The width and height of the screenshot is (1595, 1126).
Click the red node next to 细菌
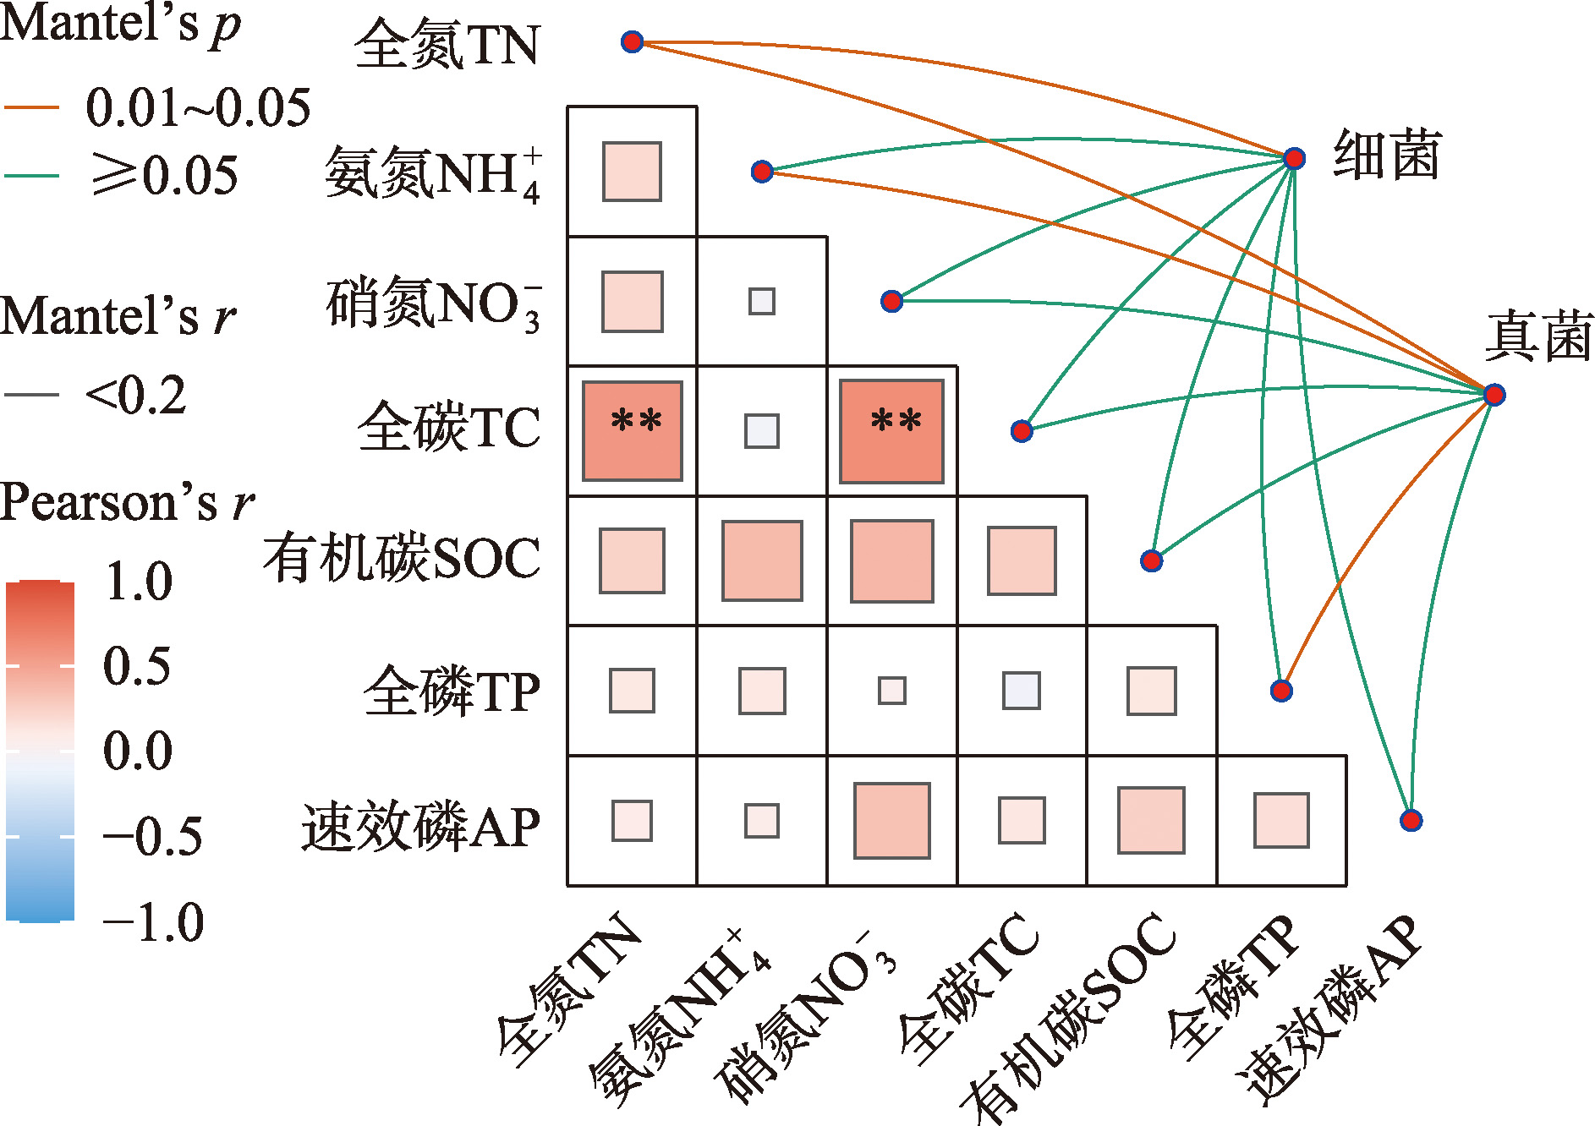coord(1294,158)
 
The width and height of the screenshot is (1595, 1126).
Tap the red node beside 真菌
coord(1494,394)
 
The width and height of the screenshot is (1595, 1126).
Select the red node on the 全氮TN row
coord(632,41)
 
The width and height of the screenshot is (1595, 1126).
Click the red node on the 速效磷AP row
coord(1411,820)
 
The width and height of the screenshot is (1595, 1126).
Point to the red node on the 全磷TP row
coord(1281,691)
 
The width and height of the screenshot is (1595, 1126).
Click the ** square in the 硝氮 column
coord(891,431)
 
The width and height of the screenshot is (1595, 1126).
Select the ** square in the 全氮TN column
coord(632,431)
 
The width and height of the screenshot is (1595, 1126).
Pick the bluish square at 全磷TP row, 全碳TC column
coord(1022,691)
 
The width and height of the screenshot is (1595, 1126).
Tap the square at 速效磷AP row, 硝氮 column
coord(891,820)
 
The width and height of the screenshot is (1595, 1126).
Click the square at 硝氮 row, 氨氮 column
coord(762,301)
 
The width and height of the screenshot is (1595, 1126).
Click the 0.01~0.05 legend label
coord(198,108)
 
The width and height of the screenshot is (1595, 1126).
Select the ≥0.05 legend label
coord(165,176)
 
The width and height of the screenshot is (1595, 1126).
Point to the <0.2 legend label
coord(135,395)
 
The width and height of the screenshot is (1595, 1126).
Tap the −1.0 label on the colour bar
coord(152,921)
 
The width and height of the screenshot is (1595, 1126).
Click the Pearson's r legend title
coord(127,503)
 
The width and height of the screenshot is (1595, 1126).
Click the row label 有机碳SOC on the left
coord(402,559)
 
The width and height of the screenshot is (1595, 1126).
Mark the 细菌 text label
coord(1386,156)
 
